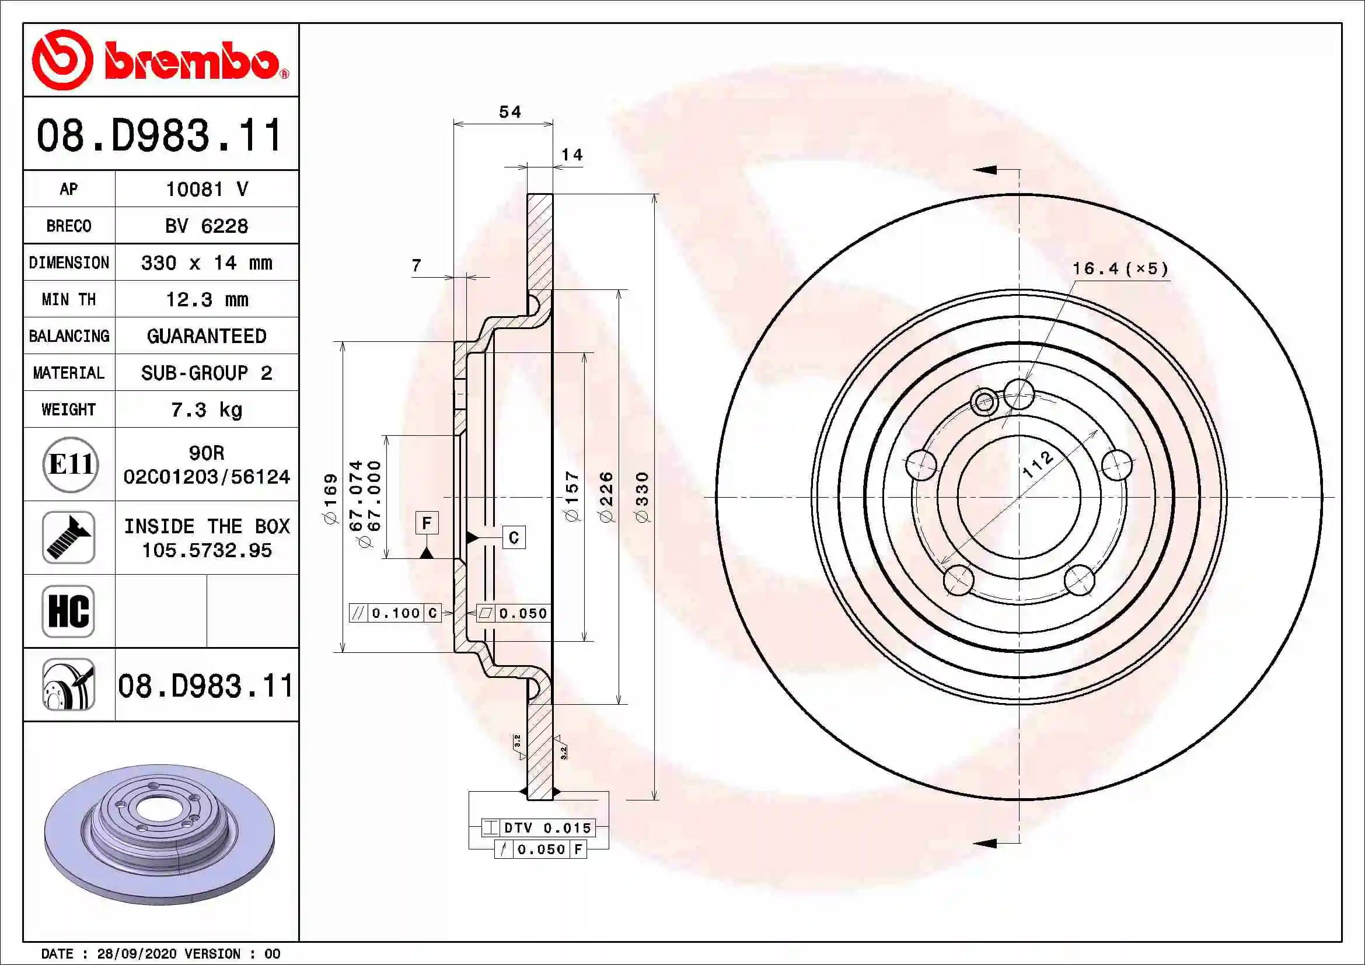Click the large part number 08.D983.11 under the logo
(159, 135)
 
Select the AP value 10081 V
(206, 190)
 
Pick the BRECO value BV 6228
(206, 226)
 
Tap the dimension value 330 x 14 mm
(206, 263)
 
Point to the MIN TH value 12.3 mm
(206, 299)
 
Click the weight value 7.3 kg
(206, 410)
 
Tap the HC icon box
(68, 611)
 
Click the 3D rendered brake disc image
(159, 833)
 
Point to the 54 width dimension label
(509, 112)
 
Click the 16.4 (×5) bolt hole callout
(1119, 268)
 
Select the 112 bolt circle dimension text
(1038, 464)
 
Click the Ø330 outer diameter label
(642, 497)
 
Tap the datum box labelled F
(426, 523)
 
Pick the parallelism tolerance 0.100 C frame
(395, 613)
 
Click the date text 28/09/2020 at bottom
(137, 954)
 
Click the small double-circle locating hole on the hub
(983, 401)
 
